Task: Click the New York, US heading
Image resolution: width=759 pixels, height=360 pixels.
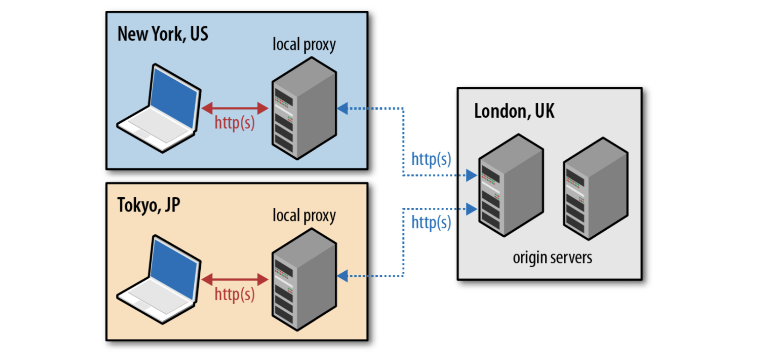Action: click(x=163, y=34)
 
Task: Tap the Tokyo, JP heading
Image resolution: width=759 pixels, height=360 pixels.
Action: click(x=148, y=205)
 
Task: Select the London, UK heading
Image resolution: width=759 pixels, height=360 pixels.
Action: click(x=514, y=112)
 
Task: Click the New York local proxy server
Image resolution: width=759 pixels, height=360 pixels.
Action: click(x=304, y=109)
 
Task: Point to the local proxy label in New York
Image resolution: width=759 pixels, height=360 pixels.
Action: click(x=304, y=45)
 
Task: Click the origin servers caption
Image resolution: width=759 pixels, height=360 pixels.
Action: click(x=552, y=258)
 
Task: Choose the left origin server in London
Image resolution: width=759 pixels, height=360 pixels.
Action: click(x=511, y=186)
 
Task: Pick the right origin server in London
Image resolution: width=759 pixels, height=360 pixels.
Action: click(x=596, y=189)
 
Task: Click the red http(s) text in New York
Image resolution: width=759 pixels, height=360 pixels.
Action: click(x=234, y=123)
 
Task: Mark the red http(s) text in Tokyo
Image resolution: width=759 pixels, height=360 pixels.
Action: click(x=234, y=295)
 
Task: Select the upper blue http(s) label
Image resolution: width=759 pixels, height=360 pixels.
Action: click(x=431, y=159)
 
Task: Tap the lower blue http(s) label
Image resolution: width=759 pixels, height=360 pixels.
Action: click(x=431, y=223)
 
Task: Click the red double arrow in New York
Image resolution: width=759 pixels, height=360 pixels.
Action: click(x=234, y=108)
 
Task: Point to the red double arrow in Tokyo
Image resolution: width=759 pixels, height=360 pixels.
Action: click(x=234, y=280)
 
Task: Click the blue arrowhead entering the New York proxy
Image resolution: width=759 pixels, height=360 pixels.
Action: click(x=343, y=108)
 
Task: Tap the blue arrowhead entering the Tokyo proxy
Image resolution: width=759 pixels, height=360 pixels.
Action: click(x=343, y=276)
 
